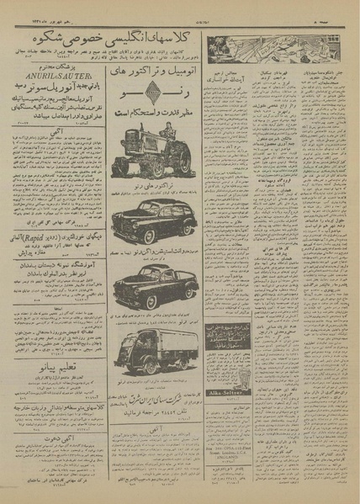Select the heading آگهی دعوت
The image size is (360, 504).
56,437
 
